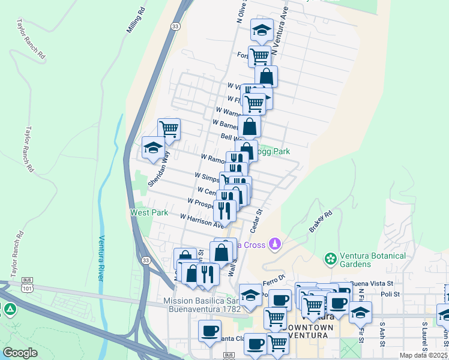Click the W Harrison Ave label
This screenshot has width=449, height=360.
202,221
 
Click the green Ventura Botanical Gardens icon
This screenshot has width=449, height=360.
330,259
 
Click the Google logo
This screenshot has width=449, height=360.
20,352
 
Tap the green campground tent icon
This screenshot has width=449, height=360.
10,310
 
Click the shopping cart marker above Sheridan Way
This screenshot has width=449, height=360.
169,128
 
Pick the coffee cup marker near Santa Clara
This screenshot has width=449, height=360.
209,330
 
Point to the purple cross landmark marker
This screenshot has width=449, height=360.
275,244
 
